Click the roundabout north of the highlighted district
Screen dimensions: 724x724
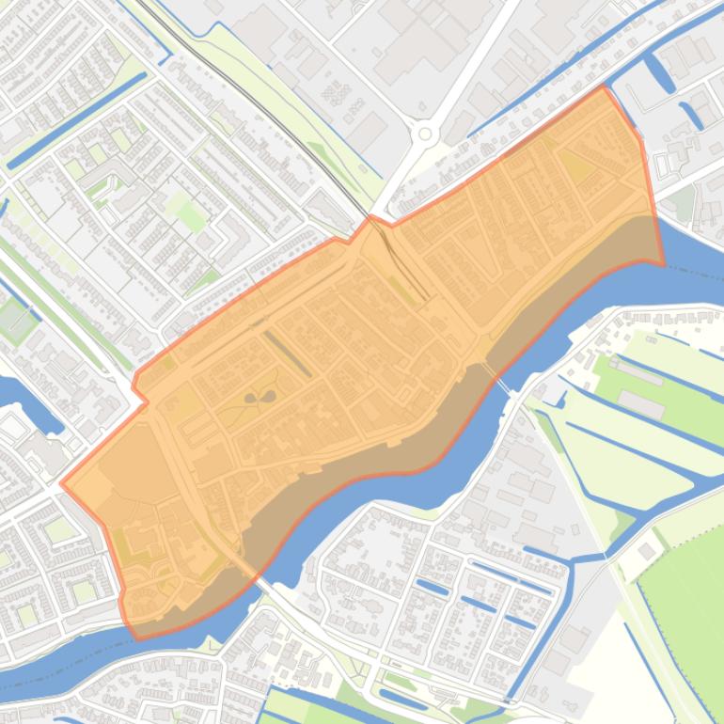point(425,134)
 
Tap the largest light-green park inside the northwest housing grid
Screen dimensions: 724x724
point(191,216)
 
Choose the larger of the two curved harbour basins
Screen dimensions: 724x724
point(658,71)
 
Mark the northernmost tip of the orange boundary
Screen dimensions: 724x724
point(603,87)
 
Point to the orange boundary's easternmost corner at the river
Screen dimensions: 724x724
point(663,264)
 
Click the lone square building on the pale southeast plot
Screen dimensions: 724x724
point(648,550)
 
